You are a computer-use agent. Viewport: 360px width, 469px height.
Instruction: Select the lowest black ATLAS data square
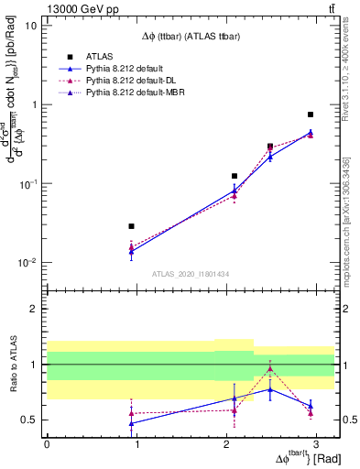tap(132, 226)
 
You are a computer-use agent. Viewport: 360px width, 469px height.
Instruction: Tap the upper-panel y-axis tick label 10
tap(29, 26)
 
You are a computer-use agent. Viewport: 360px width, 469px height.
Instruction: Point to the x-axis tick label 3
tap(315, 443)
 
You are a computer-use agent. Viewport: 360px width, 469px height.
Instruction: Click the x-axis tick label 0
tap(47, 443)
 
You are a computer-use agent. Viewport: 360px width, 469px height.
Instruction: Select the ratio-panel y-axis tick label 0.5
tap(29, 420)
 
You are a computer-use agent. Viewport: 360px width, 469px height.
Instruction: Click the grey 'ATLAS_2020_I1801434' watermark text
tap(191, 274)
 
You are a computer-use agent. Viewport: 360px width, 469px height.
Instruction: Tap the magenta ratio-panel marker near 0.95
tap(270, 369)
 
